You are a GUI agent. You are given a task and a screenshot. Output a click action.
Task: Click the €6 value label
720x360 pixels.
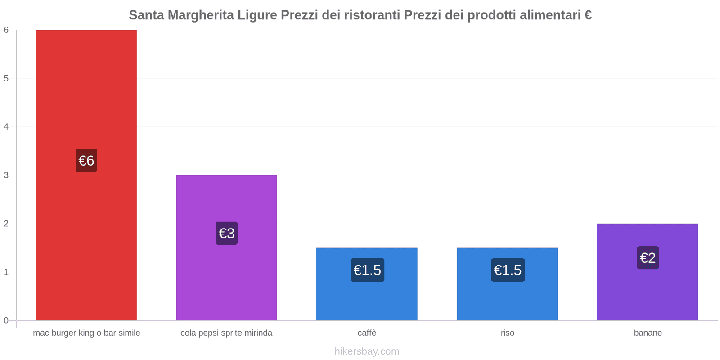86,161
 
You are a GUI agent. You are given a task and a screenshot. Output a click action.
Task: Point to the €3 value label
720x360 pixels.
226,233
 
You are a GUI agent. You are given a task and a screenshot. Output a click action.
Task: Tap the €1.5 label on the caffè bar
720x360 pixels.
367,270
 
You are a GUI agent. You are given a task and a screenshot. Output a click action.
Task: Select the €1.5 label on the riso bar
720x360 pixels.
508,270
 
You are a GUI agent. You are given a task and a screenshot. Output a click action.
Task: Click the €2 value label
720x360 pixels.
648,258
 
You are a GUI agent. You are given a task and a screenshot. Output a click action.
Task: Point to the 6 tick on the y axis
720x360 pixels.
6,30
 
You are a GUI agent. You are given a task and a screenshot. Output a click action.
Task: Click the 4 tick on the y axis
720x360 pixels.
6,127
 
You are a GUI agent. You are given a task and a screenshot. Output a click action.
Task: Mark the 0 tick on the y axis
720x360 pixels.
6,320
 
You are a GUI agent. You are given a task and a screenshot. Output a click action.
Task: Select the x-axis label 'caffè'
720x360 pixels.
367,333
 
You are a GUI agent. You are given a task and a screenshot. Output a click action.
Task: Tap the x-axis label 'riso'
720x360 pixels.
507,333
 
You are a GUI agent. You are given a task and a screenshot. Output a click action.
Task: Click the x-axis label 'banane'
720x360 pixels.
648,333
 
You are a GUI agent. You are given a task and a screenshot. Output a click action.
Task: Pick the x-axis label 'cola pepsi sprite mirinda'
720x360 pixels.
226,333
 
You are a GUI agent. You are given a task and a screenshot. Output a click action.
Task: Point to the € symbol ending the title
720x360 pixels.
588,15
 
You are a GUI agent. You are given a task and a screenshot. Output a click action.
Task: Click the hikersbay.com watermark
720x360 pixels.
367,351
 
